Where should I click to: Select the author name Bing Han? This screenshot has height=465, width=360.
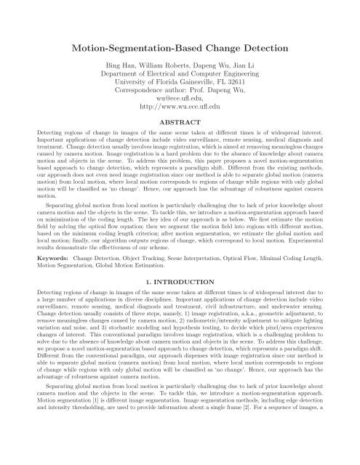click(113, 73)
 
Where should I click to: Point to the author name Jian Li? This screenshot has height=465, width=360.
click(246, 73)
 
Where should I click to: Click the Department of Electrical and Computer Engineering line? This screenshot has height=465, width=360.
click(180, 84)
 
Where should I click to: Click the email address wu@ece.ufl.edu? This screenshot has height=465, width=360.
click(180, 114)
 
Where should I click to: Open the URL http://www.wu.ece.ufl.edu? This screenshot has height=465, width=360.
click(180, 124)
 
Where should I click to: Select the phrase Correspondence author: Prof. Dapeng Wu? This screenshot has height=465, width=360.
click(180, 104)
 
